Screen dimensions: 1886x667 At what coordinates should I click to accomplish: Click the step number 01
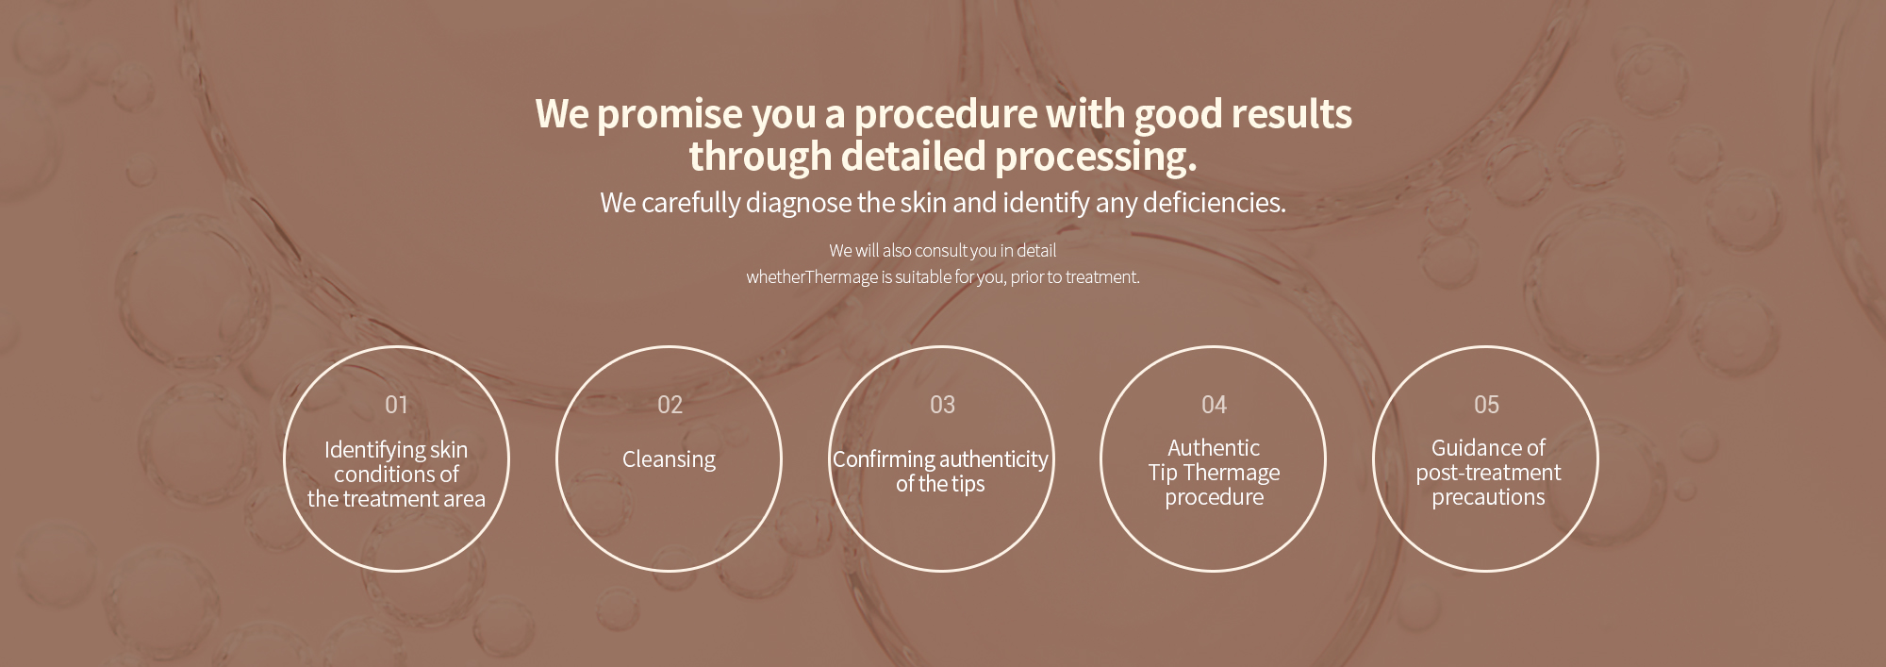tap(396, 405)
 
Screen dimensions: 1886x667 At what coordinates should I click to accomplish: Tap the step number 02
tap(670, 405)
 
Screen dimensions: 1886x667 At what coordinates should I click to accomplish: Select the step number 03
tap(942, 405)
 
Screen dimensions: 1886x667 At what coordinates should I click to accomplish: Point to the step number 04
tap(1214, 405)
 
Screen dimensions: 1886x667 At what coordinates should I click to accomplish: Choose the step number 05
tap(1486, 405)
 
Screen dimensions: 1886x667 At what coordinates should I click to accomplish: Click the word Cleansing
tap(669, 459)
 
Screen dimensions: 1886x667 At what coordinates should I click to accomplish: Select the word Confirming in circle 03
tap(884, 459)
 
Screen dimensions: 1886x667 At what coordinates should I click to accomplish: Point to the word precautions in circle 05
tap(1488, 497)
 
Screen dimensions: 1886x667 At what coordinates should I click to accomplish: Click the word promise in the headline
tap(670, 115)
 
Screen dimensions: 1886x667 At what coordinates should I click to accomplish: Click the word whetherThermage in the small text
tap(812, 277)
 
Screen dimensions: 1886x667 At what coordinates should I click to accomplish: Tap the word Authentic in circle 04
tap(1213, 448)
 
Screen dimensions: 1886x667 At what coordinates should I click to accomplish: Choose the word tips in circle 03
tap(968, 484)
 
